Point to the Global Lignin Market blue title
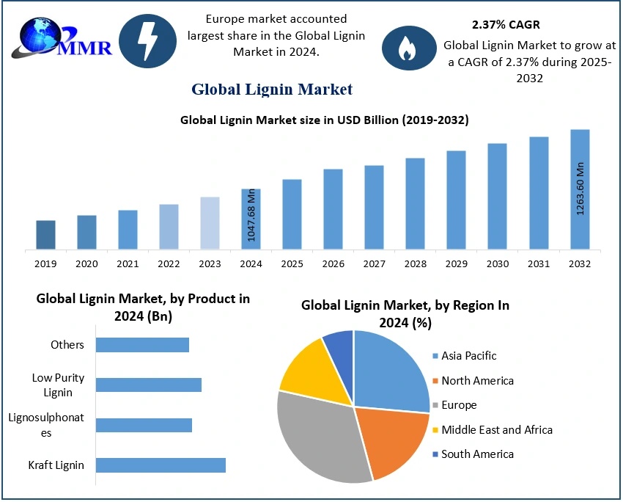tap(272, 90)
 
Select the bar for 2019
tap(45, 235)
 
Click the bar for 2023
tap(210, 223)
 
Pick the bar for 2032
tap(580, 189)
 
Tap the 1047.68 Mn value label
tap(251, 215)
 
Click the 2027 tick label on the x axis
tap(374, 263)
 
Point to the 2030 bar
tap(498, 196)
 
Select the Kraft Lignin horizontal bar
tap(161, 465)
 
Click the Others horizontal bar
tap(142, 345)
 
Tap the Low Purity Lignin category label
tap(58, 385)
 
